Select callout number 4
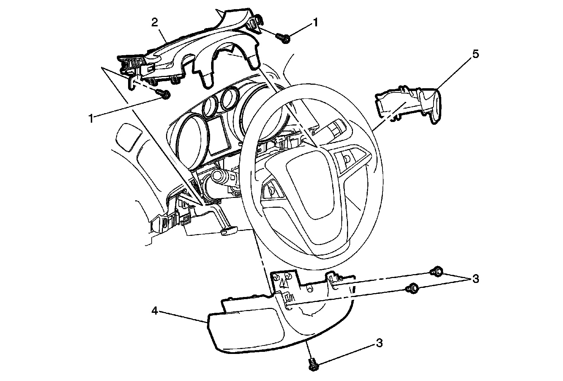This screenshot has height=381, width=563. pos(154,311)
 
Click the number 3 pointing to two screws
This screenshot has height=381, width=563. pos(475,279)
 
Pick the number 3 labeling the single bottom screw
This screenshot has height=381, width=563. pos(379,343)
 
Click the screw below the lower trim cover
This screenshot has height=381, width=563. pos(312,364)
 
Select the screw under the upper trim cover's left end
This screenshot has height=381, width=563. pos(164,94)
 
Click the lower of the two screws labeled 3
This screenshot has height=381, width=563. pos(412,288)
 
